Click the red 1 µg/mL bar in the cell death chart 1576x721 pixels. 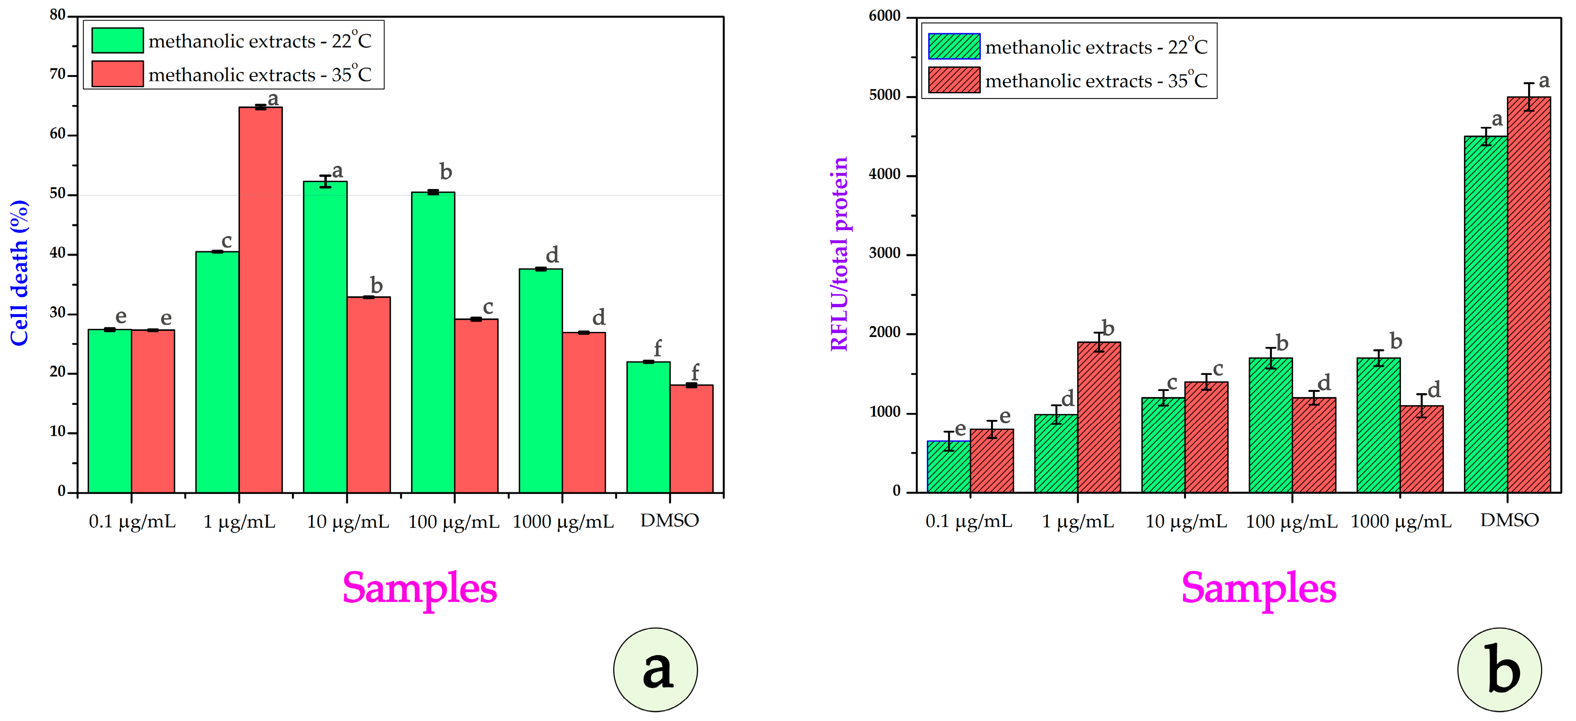pos(261,300)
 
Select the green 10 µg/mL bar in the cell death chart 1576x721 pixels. pos(325,336)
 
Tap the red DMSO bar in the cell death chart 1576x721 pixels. pos(691,439)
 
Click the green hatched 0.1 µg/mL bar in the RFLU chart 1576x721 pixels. pos(948,466)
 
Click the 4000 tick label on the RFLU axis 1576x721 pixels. pos(885,175)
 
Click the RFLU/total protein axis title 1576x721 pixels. pos(839,254)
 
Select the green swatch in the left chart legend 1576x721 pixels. pos(117,40)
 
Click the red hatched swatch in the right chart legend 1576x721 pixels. pos(954,80)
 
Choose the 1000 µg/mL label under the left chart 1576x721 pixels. pos(562,522)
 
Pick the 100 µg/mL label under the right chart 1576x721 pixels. pos(1291,522)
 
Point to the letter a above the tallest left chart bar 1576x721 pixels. pos(273,98)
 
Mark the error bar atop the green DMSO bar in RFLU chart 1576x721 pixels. pos(1486,136)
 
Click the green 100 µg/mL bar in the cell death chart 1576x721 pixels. pos(432,342)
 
